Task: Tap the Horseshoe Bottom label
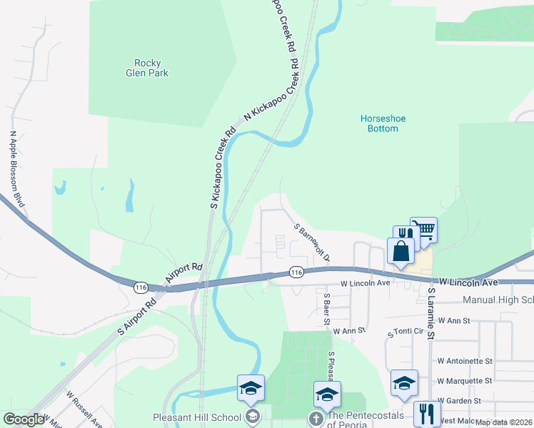[378, 123]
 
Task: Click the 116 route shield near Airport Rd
[141, 287]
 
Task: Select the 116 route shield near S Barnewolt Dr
[297, 272]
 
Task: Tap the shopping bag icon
[400, 251]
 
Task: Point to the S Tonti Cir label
[406, 333]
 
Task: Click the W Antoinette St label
[465, 361]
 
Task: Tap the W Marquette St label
[465, 381]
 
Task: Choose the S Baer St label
[326, 309]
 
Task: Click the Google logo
[24, 419]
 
